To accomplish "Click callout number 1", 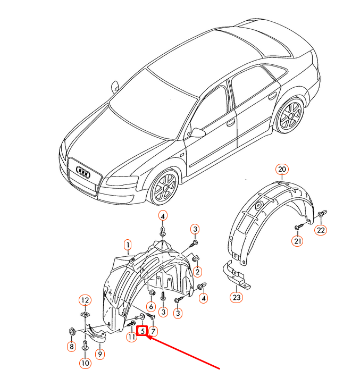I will click(x=128, y=245).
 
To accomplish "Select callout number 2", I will click(x=197, y=272).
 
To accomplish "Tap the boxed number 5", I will click(x=143, y=330).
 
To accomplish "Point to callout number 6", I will click(x=152, y=306).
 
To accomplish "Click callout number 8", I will click(x=71, y=347).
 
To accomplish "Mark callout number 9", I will click(x=99, y=352).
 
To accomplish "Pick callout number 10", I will click(x=85, y=363).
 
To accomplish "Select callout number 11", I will click(x=131, y=337).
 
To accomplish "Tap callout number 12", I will click(x=85, y=300).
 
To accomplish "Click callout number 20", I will click(x=282, y=170).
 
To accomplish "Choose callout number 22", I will click(x=321, y=230).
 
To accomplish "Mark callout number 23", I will click(x=236, y=297).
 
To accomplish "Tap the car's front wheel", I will click(x=163, y=188).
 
